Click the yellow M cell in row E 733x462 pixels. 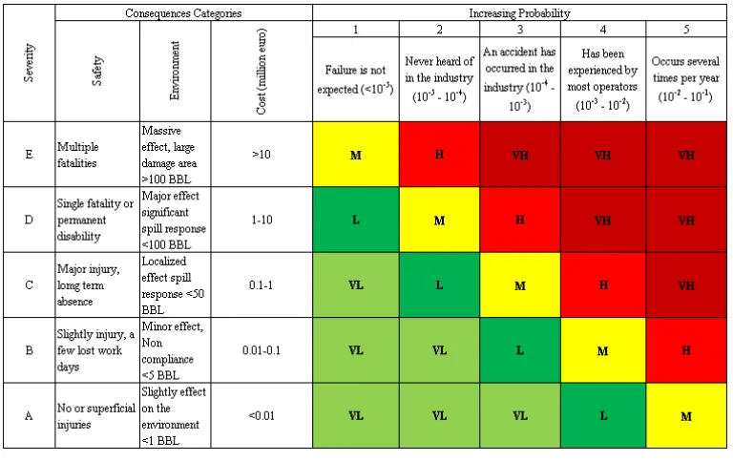coord(356,155)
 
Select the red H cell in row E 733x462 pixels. coord(439,155)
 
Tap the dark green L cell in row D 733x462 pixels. coord(356,220)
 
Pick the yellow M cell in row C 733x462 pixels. coord(520,285)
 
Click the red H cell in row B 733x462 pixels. coord(686,350)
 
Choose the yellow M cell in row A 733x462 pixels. coord(686,416)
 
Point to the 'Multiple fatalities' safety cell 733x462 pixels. coord(97,155)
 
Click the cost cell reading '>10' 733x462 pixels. coord(262,155)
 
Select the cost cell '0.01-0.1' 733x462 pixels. coord(262,350)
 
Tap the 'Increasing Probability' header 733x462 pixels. coord(520,13)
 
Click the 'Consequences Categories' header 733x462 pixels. coord(183,13)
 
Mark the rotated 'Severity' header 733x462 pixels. coord(29,63)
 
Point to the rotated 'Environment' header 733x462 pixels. coord(175,71)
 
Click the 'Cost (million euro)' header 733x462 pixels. coord(262,71)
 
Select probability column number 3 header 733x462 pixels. coord(520,30)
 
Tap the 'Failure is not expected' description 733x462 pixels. coord(356,79)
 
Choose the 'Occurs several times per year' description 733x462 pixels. coord(686,79)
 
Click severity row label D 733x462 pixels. coord(29,220)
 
